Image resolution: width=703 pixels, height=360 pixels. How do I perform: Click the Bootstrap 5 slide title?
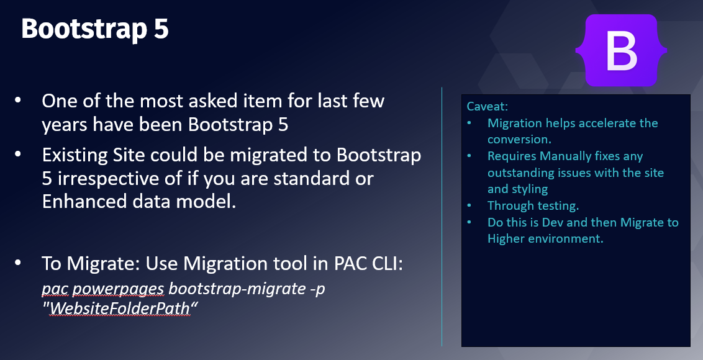tap(95, 29)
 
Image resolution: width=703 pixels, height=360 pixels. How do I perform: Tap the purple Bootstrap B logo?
tap(622, 50)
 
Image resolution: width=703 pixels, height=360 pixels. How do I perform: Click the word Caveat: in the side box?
tap(487, 106)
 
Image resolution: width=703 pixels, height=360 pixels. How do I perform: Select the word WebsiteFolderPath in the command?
tap(120, 308)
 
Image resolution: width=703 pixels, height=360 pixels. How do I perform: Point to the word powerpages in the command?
tap(118, 289)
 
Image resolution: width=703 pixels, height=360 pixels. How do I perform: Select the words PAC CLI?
tap(368, 264)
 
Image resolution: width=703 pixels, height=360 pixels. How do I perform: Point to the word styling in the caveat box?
tap(532, 189)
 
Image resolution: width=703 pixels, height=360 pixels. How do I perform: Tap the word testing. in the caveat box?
tap(556, 206)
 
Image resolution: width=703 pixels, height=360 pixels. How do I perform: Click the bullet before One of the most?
tap(18, 100)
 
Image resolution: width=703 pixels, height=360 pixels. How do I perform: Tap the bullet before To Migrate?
tap(18, 263)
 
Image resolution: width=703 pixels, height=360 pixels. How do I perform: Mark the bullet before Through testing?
tap(469, 205)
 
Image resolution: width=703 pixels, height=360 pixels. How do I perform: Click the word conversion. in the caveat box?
tap(520, 140)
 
